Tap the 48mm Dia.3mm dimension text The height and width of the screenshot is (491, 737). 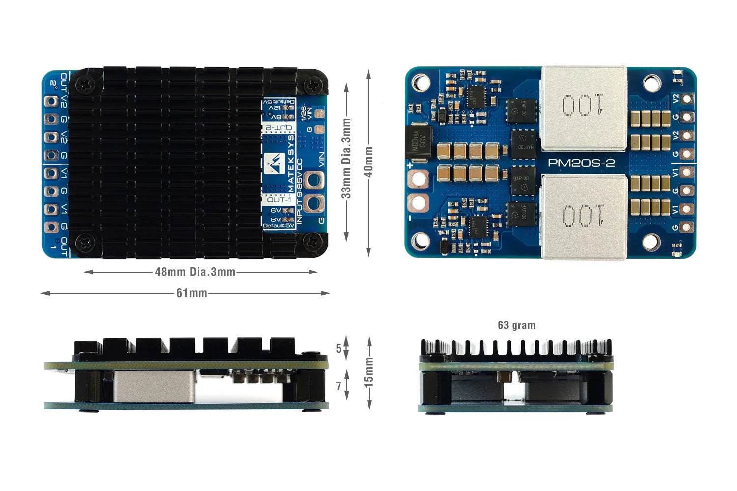tap(195, 272)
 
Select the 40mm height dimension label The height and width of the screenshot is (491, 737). tap(369, 162)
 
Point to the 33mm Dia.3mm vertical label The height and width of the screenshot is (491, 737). tap(346, 158)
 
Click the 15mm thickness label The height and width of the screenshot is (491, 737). tap(369, 372)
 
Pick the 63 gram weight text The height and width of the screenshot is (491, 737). tap(516, 325)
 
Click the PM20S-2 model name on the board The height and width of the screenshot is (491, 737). tap(581, 163)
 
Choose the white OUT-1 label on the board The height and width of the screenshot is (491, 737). tap(278, 200)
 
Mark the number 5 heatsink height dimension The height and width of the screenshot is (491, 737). tap(339, 349)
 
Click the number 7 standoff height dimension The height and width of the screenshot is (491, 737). tap(339, 386)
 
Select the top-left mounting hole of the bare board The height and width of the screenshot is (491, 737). tap(421, 82)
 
